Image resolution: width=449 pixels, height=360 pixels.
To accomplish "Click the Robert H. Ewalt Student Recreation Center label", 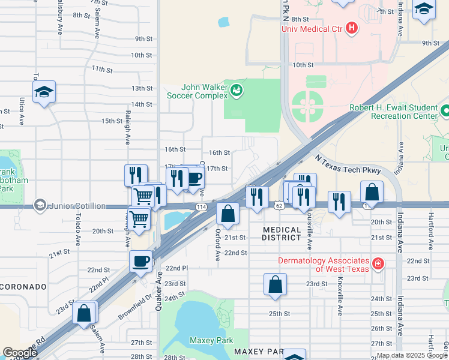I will [x=394, y=112].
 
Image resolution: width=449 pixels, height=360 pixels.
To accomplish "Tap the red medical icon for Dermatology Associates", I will [x=378, y=263].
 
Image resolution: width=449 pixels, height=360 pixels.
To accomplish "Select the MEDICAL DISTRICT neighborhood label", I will [x=282, y=233].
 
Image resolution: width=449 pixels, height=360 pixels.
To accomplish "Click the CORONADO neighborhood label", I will [x=23, y=287].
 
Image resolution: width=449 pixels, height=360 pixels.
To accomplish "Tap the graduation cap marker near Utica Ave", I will [x=44, y=93].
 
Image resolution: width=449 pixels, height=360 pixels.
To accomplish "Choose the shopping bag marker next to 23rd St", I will [x=275, y=286].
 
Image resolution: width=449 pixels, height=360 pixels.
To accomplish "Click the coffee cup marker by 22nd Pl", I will [x=141, y=262].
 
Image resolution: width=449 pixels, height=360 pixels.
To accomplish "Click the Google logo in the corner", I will [x=20, y=353].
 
